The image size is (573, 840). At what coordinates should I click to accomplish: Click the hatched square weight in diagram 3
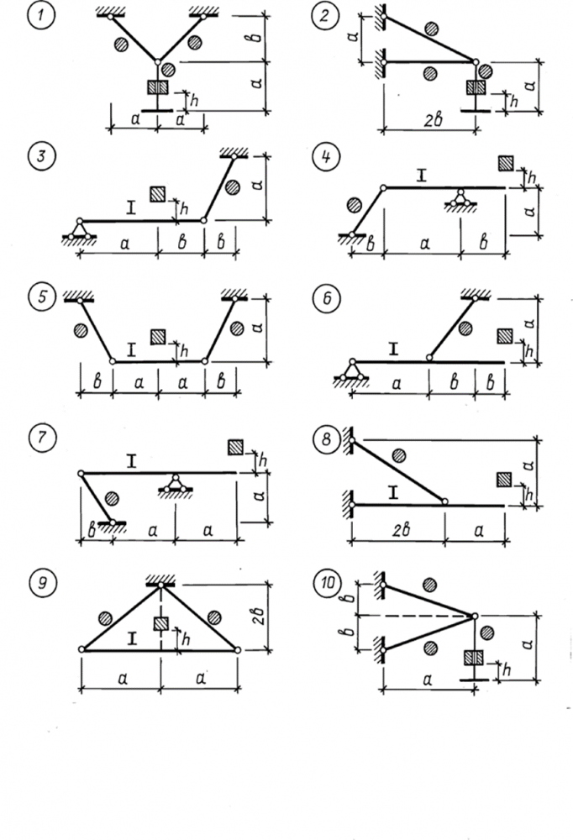pos(157,194)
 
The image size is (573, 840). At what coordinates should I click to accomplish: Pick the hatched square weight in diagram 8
pos(503,480)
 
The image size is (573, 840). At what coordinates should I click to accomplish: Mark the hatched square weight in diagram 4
pos(506,163)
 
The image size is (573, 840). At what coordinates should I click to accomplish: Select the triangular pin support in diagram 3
pos(80,228)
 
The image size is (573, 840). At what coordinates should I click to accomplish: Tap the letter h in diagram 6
pos(529,348)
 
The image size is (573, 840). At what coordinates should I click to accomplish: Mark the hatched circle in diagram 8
pos(400,455)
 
